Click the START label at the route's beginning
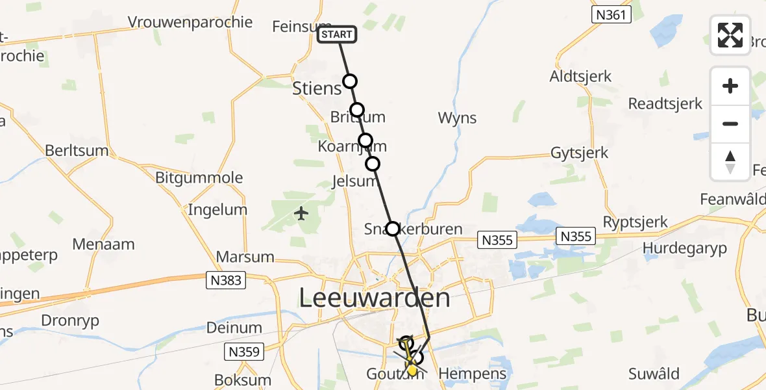click(x=337, y=34)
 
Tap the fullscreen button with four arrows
click(x=730, y=35)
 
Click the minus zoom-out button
click(x=730, y=123)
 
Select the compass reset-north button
click(x=730, y=162)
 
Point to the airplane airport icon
click(x=301, y=213)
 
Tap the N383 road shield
click(x=226, y=281)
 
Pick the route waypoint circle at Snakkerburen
click(x=393, y=229)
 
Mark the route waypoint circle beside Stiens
click(x=350, y=81)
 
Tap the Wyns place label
click(x=457, y=118)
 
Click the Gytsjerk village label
click(x=579, y=153)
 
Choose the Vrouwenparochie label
click(x=190, y=22)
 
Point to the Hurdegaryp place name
click(x=684, y=248)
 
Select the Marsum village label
click(x=245, y=257)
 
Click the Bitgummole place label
click(x=199, y=177)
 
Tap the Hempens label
click(x=472, y=374)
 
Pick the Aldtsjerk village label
click(x=580, y=76)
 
